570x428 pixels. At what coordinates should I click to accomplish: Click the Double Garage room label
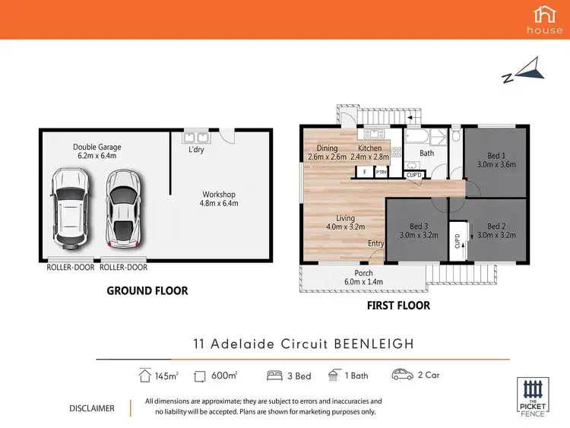pyautogui.click(x=97, y=151)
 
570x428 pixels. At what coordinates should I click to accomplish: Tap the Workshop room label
pyautogui.click(x=220, y=198)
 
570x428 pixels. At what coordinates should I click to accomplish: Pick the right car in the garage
pyautogui.click(x=122, y=207)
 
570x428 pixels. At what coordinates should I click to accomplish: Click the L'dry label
pyautogui.click(x=195, y=150)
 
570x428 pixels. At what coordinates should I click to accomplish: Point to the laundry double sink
pyautogui.click(x=196, y=138)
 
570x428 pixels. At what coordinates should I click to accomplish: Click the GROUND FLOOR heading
pyautogui.click(x=147, y=290)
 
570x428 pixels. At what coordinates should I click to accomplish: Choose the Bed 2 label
pyautogui.click(x=496, y=230)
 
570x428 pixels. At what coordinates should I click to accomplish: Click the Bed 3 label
pyautogui.click(x=420, y=230)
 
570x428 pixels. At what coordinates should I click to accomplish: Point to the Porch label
pyautogui.click(x=363, y=277)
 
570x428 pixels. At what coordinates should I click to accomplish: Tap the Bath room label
pyautogui.click(x=426, y=153)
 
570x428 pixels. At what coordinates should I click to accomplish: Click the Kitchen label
pyautogui.click(x=370, y=152)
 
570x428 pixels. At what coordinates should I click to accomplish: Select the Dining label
pyautogui.click(x=327, y=152)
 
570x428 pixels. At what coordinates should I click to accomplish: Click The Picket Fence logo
pyautogui.click(x=532, y=396)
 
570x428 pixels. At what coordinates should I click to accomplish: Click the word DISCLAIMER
pyautogui.click(x=91, y=408)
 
